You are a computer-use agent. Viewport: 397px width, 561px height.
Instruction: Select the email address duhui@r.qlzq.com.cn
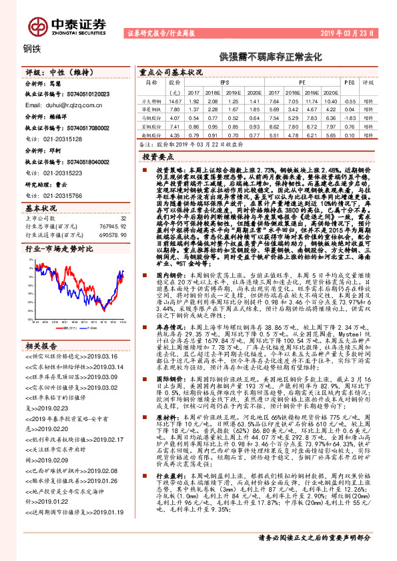click(x=64, y=105)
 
